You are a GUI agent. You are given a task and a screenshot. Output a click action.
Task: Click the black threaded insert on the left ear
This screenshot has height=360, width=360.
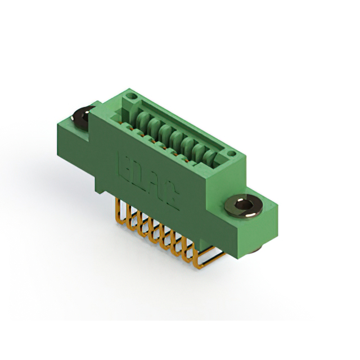coord(82,118)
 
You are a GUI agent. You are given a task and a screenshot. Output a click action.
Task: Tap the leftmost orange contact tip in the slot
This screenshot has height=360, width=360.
coord(137,129)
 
